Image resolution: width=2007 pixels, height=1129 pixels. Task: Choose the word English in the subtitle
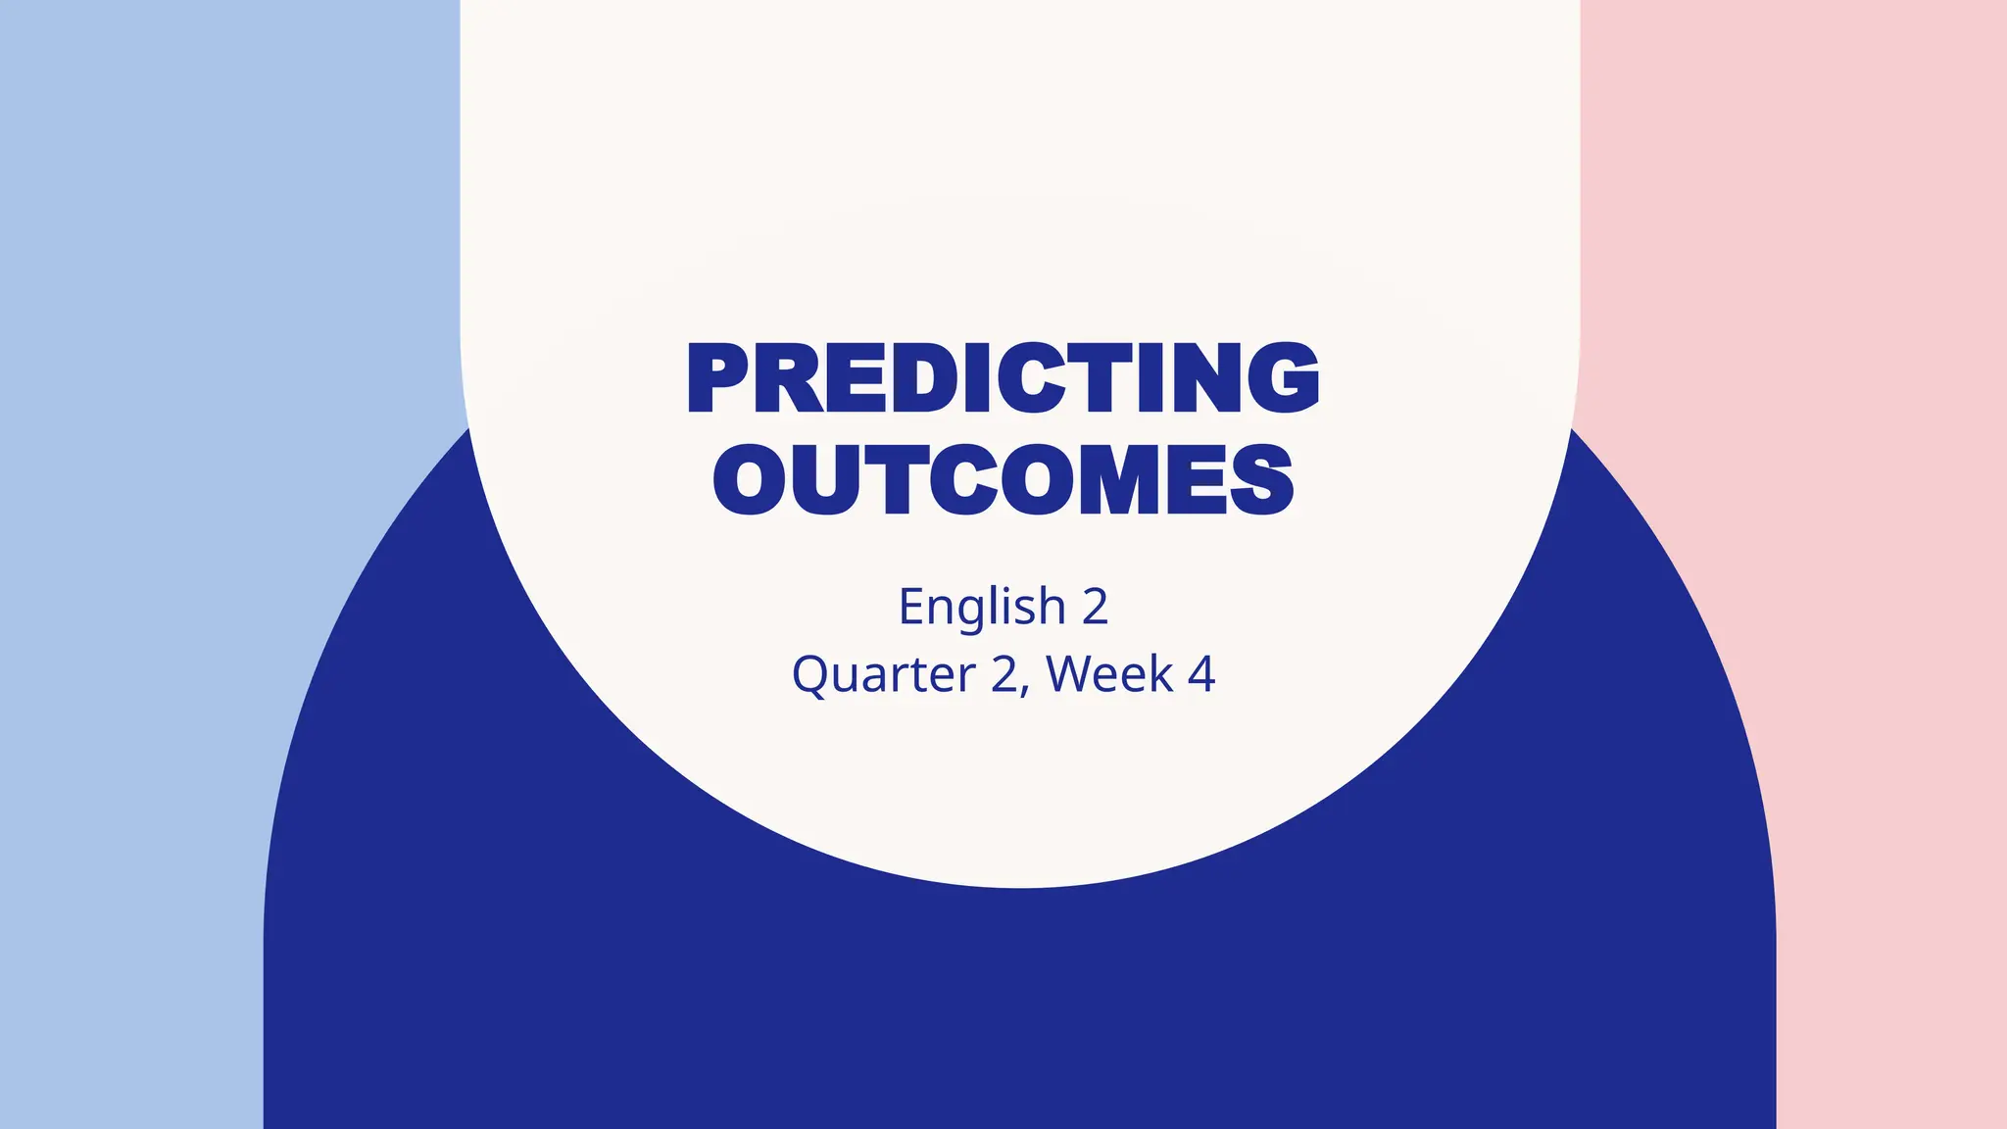981,607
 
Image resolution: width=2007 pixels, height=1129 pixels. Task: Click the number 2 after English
1095,607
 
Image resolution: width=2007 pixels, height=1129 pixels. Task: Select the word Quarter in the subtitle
883,674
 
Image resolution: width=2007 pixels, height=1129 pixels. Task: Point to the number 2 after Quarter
1005,674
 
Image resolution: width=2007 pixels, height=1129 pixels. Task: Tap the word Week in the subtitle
1109,674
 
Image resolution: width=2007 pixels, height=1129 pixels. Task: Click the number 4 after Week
1201,674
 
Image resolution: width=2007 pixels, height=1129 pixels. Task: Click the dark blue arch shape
1019,1009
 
